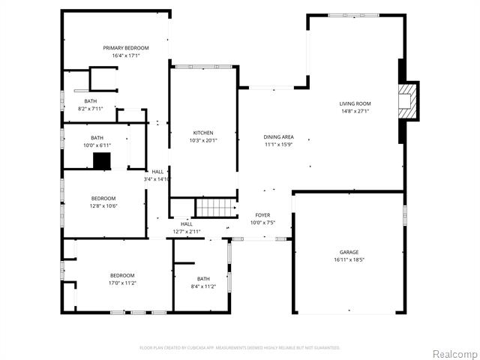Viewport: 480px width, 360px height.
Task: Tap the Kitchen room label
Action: tap(202, 133)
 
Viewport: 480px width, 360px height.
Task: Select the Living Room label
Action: tap(355, 103)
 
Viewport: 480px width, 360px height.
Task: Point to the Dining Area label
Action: tap(278, 136)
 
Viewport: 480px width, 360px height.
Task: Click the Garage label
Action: tap(349, 252)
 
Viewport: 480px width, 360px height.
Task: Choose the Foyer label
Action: tap(262, 215)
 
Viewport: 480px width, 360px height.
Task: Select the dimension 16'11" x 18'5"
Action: tap(349, 259)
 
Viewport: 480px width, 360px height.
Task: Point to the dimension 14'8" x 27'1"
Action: tap(355, 111)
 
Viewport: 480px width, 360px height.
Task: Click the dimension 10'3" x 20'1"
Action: tap(202, 140)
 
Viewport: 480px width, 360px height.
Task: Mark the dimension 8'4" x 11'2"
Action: tap(202, 286)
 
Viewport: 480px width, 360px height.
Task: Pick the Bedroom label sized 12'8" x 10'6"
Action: tap(103, 198)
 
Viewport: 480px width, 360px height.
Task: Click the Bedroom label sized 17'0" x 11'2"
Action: tap(122, 275)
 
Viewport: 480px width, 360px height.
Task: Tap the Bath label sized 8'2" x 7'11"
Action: tap(90, 101)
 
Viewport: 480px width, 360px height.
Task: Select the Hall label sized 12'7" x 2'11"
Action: tap(186, 223)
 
